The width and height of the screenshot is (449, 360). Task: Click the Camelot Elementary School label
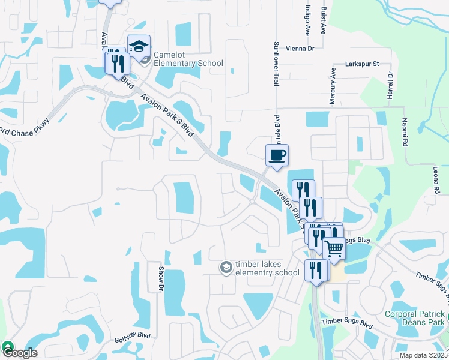click(188, 59)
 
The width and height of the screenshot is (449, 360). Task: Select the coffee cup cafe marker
click(277, 156)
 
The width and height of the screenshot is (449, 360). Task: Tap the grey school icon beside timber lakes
click(226, 267)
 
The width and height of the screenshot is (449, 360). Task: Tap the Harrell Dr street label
click(390, 86)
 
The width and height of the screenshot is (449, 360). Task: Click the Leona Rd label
click(435, 179)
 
